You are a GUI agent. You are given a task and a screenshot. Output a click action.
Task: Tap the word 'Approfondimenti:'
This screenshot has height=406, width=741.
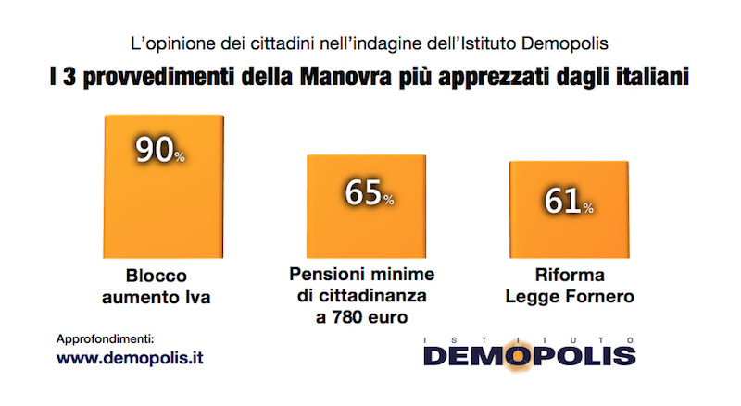(106, 338)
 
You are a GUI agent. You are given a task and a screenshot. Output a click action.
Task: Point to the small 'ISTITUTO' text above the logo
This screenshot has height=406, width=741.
(528, 339)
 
